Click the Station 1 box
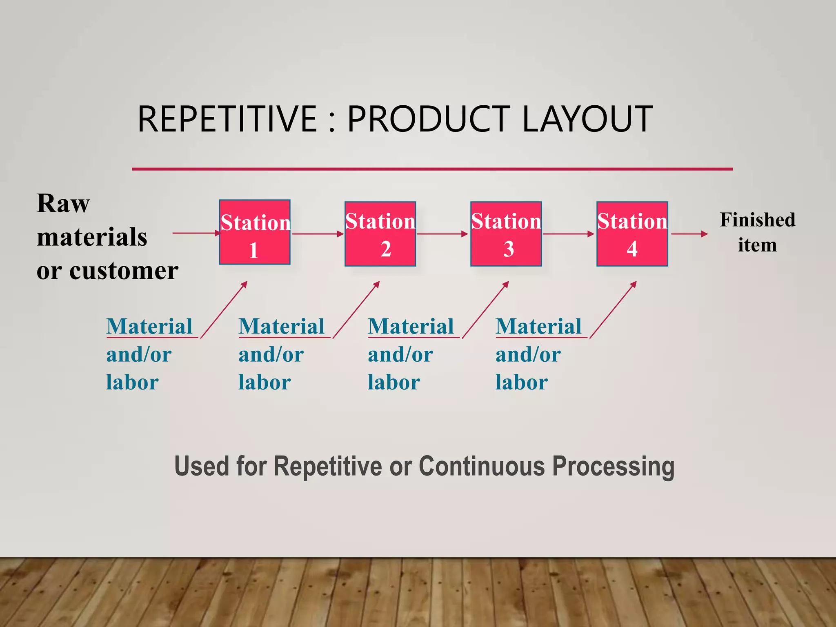(255, 232)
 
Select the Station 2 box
(380, 234)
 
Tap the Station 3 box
(506, 234)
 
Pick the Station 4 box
(632, 234)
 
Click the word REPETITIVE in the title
(227, 119)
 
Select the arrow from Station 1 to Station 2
(318, 234)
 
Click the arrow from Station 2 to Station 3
(442, 234)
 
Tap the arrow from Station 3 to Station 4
(568, 234)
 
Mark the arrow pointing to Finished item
(689, 234)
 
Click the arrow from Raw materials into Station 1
(196, 233)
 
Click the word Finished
(757, 220)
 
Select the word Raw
(63, 203)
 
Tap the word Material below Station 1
(149, 327)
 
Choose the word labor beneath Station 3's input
(394, 382)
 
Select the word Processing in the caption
(613, 466)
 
